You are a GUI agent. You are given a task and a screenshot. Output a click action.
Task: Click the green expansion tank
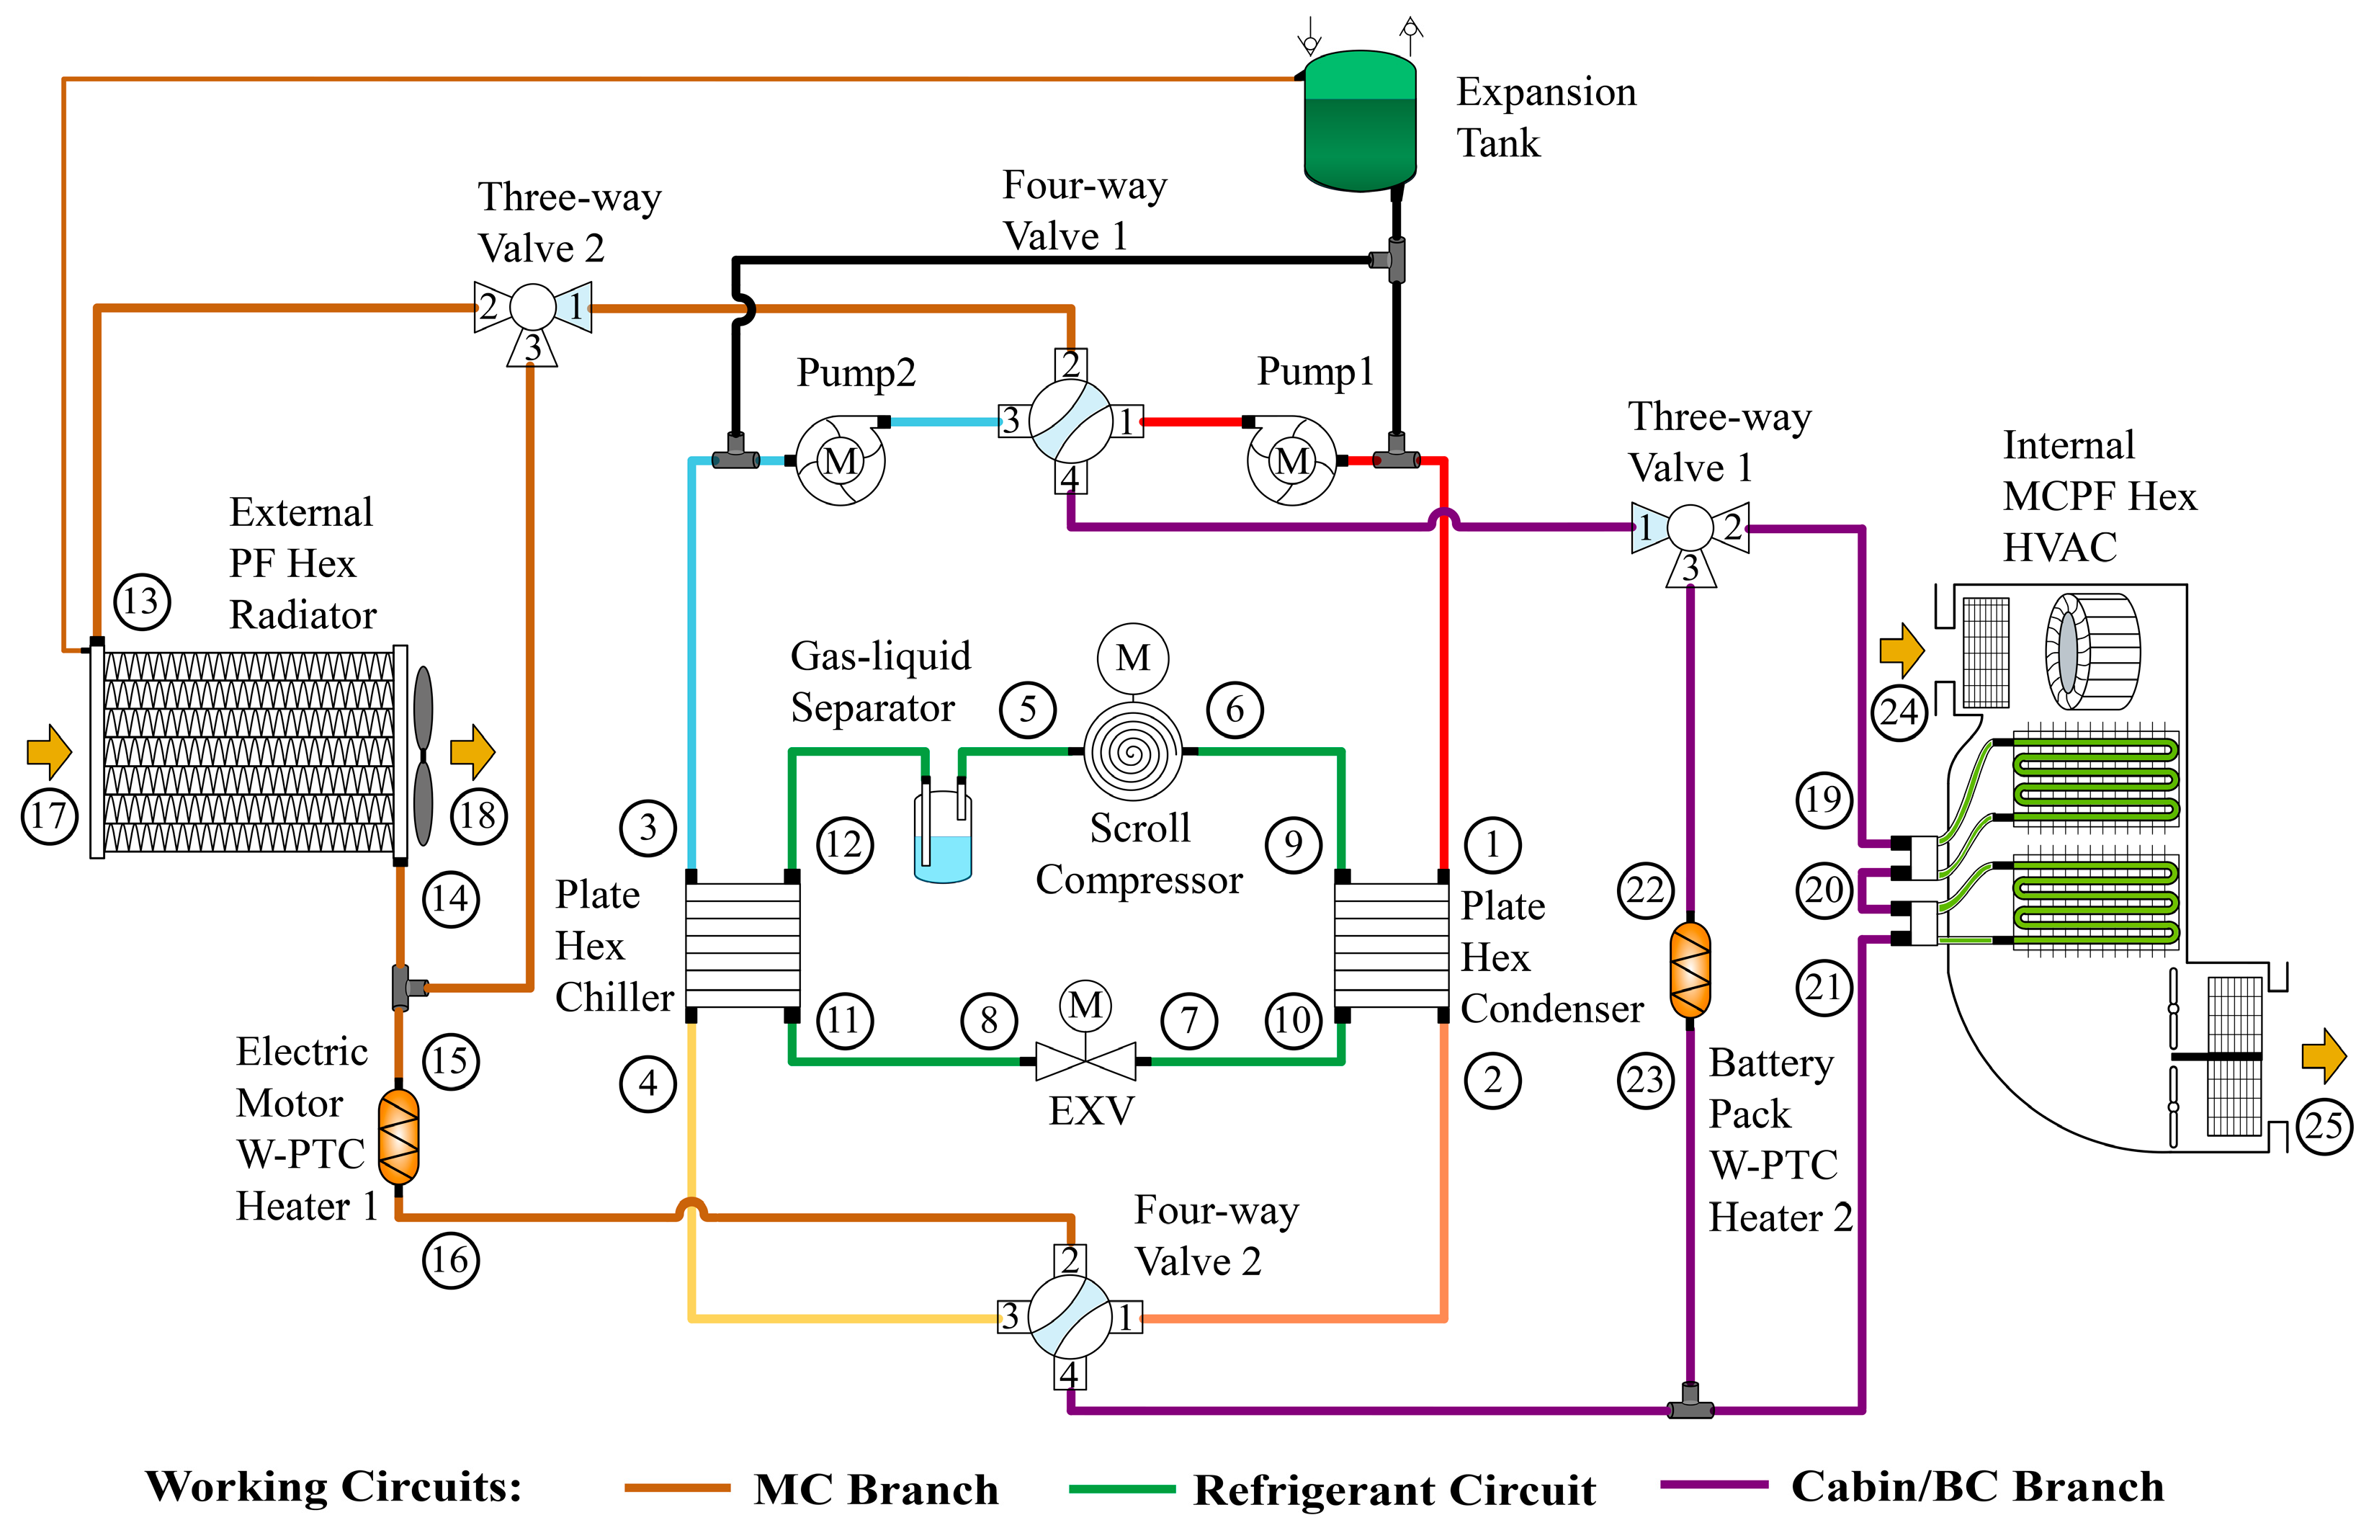(x=1359, y=121)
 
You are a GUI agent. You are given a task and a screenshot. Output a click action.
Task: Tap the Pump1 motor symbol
(x=1291, y=461)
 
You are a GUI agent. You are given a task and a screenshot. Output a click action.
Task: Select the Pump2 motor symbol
(x=841, y=461)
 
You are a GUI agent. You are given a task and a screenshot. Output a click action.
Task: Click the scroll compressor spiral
(x=1132, y=752)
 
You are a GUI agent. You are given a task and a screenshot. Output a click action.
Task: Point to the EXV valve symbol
(x=1085, y=1060)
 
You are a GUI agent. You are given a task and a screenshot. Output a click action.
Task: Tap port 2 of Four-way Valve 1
(x=1070, y=364)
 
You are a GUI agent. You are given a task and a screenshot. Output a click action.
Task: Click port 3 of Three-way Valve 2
(x=533, y=348)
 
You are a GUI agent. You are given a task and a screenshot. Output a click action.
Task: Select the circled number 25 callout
(x=2324, y=1125)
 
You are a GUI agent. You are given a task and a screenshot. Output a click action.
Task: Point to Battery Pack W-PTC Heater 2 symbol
(x=1690, y=970)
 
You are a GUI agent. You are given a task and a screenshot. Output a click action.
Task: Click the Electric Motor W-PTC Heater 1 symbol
(x=399, y=1136)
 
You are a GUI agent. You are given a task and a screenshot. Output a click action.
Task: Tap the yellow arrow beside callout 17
(x=48, y=751)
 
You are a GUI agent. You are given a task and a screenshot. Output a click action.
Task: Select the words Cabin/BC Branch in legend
(x=1976, y=1486)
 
